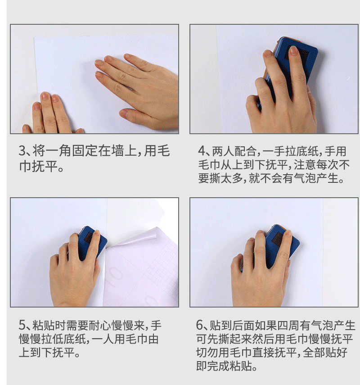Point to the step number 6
pos(200,326)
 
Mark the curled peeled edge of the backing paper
pos(155,236)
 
